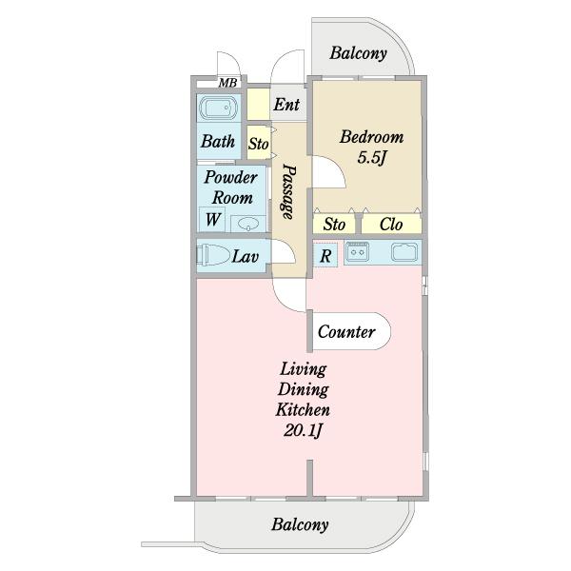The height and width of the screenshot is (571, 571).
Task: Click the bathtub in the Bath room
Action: click(219, 108)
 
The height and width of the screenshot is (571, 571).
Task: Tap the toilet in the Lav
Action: click(212, 254)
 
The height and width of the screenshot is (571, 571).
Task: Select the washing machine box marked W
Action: click(211, 219)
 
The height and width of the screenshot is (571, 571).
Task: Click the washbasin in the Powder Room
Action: click(248, 223)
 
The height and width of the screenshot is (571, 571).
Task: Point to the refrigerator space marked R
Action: click(325, 255)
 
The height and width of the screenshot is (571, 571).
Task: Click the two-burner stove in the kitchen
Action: click(357, 251)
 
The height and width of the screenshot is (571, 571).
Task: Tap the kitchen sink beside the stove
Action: click(405, 252)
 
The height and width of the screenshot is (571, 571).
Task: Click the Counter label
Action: click(346, 332)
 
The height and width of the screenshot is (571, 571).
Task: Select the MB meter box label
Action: click(228, 83)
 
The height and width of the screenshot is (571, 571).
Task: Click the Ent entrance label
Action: click(286, 105)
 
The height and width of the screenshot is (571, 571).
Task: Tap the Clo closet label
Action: click(391, 225)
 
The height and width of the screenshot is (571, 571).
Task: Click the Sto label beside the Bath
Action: click(258, 144)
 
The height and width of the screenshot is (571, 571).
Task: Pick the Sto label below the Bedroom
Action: click(334, 225)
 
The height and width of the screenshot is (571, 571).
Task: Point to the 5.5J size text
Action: click(371, 158)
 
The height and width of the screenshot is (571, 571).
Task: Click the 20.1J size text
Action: click(303, 431)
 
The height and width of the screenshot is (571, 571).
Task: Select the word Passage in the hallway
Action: click(288, 192)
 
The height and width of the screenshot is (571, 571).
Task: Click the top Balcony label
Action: click(359, 53)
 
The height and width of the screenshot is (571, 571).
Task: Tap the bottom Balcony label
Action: click(300, 524)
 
